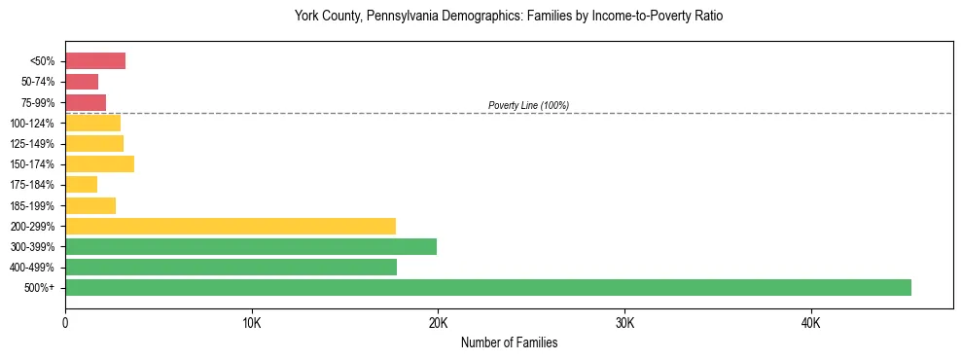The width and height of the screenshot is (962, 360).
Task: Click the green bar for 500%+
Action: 487,287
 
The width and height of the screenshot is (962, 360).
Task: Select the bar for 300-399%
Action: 251,246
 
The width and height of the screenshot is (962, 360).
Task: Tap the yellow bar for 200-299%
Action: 231,226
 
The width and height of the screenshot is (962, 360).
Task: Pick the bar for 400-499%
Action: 231,267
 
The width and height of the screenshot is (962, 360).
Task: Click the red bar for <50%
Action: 95,61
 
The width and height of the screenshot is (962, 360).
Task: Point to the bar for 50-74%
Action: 82,82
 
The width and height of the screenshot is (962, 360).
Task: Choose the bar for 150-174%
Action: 99,163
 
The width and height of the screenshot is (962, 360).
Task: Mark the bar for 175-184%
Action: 81,184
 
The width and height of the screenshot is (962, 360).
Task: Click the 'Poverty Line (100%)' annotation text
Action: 528,105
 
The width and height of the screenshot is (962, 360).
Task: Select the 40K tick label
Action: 810,323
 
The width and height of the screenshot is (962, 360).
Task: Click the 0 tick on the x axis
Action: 65,323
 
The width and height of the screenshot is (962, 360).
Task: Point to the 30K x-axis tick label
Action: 624,323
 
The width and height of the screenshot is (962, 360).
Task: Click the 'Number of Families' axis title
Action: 509,342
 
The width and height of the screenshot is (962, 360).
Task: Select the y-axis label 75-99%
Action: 38,102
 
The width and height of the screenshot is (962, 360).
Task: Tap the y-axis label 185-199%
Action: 35,205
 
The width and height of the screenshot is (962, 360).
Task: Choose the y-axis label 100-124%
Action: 35,123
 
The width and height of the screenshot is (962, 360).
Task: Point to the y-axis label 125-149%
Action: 35,143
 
